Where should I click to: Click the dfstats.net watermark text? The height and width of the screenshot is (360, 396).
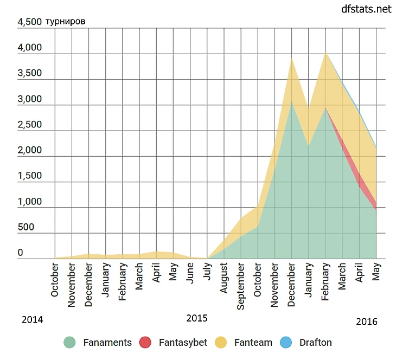[x=366, y=9]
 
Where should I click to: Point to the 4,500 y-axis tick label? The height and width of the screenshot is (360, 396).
[x=29, y=22]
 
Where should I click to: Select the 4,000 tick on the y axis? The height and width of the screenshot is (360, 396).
[x=29, y=48]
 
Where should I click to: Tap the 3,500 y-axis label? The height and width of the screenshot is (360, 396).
[x=29, y=73]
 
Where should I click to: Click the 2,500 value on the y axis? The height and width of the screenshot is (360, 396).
[x=29, y=125]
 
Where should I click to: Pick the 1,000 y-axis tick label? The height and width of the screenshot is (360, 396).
[x=29, y=202]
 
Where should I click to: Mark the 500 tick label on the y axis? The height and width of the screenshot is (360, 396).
[x=26, y=227]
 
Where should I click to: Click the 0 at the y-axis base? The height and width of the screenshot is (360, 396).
[x=21, y=253]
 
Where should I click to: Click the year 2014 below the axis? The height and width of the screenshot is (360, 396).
[x=32, y=320]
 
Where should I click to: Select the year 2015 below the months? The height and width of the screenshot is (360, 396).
[x=197, y=318]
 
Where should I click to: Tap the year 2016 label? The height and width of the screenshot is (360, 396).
[x=367, y=322]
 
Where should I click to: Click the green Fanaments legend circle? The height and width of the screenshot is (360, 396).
[x=69, y=343]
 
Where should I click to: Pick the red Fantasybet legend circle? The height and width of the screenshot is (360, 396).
[x=145, y=343]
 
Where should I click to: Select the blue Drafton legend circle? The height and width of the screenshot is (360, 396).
[x=285, y=343]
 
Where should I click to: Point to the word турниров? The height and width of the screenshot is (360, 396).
[x=65, y=22]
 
